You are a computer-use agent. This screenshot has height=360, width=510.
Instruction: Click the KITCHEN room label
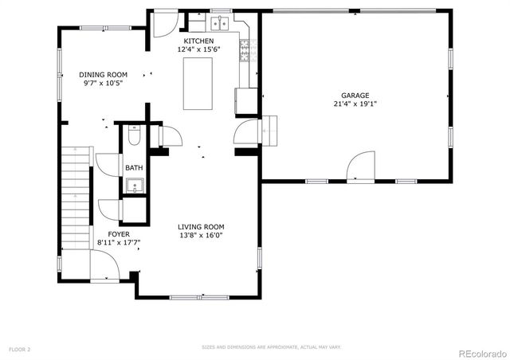coord(198,41)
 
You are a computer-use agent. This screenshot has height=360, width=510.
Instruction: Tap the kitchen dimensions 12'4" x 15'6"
coord(198,49)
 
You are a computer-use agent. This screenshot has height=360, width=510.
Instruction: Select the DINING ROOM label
coord(103,74)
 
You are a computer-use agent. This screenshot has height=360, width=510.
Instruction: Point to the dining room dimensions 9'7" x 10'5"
coord(103,83)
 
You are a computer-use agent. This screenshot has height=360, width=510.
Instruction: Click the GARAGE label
coord(355,95)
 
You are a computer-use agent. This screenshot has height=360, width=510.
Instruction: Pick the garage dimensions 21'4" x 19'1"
coord(355,104)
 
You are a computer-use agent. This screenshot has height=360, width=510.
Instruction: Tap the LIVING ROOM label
coord(201,226)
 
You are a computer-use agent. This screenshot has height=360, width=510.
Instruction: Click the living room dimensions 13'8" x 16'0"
coord(201,235)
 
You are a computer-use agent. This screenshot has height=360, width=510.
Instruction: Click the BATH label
coord(133,168)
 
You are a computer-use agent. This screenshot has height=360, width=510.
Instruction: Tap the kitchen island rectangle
coord(200,84)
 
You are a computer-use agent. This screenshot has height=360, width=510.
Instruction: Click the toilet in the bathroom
coord(134,136)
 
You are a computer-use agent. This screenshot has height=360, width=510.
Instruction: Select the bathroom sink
coord(134,187)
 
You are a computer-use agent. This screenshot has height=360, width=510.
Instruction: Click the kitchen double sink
coord(220,24)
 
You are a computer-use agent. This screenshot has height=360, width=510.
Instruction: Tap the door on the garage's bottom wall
coord(361,166)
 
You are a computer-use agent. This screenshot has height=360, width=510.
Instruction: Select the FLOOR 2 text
coord(19,349)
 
